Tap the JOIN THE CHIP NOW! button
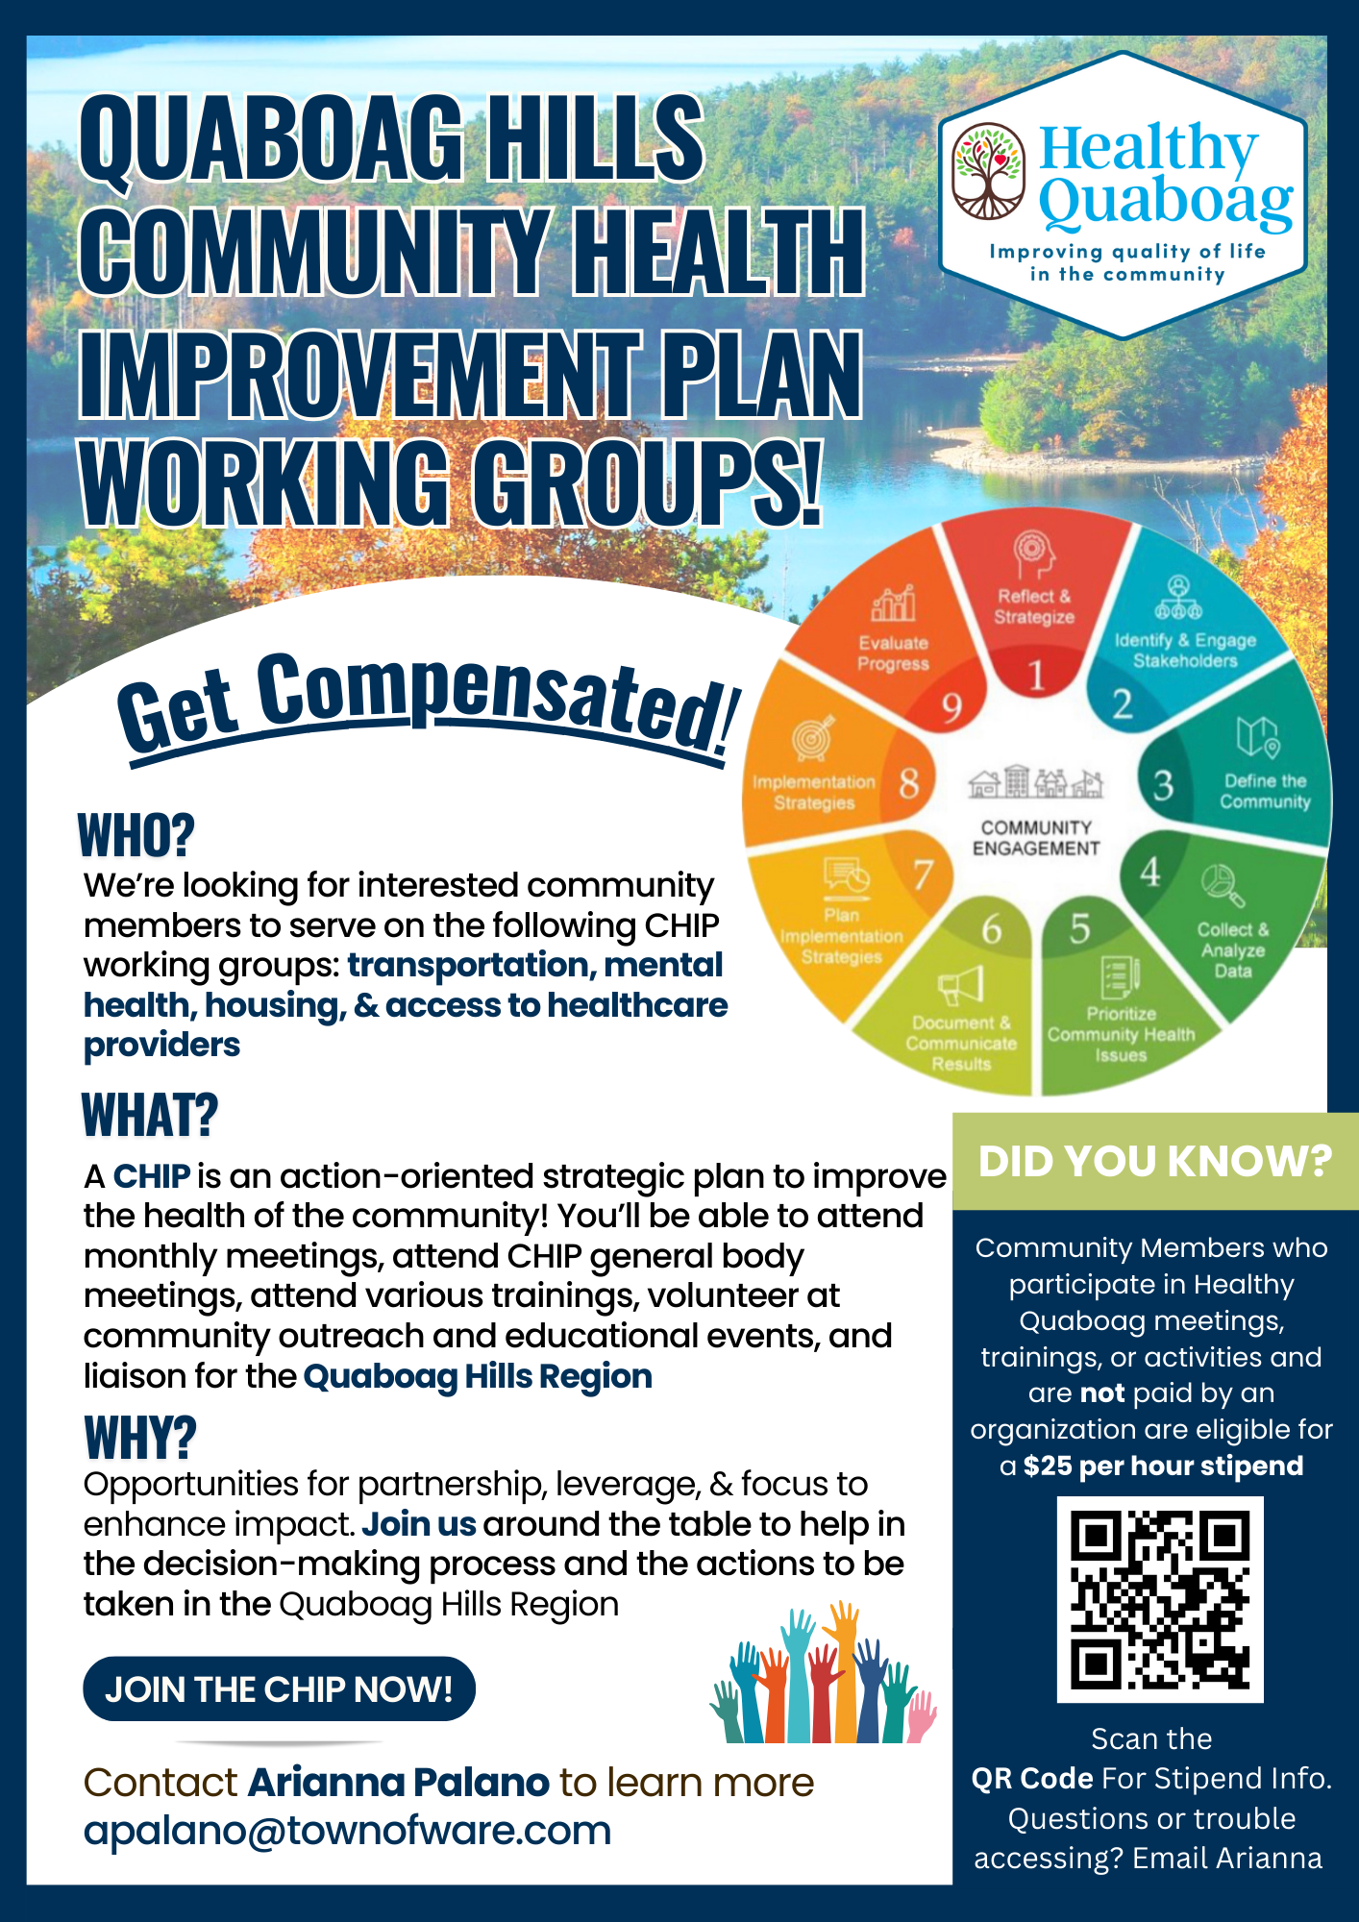coord(279,1688)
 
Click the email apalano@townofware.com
coord(347,1831)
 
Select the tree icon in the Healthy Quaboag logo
coord(988,171)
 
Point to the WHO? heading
coord(136,834)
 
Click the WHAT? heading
coord(150,1115)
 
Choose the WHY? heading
coord(140,1438)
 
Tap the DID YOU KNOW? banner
coord(1155,1161)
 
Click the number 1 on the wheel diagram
coord(1036,676)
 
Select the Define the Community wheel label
coord(1265,792)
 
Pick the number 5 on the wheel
coord(1080,928)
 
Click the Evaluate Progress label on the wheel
coord(893,653)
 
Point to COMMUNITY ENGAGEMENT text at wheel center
coord(1036,838)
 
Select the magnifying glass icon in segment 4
coord(1223,885)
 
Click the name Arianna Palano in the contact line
coord(398,1783)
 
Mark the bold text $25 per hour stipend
coord(1163,1466)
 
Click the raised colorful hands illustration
coord(823,1672)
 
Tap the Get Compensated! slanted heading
coord(429,702)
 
